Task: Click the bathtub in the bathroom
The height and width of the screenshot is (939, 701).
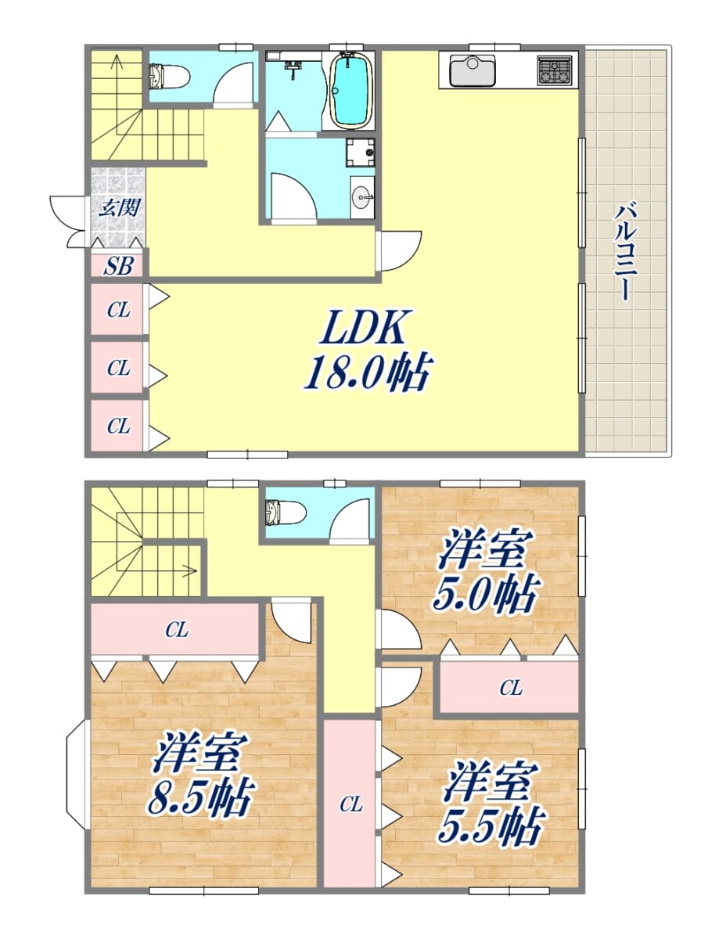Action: pos(350,90)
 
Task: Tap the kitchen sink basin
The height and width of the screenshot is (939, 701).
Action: pos(473,70)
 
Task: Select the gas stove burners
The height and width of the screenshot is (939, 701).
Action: pos(554,70)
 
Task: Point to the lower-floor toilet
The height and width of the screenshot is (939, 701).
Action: pos(286,512)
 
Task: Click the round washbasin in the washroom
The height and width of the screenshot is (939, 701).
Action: pos(362,198)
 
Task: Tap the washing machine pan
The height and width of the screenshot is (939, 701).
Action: pos(360,153)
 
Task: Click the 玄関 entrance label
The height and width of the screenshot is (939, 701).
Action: pos(120,208)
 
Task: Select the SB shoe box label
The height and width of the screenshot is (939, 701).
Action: pos(118,266)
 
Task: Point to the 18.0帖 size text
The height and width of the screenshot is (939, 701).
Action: pos(368,373)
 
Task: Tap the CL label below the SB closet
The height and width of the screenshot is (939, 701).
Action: pos(118,310)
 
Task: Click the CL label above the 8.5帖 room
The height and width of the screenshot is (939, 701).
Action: pos(177,630)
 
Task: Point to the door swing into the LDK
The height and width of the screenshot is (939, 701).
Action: pos(401,250)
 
